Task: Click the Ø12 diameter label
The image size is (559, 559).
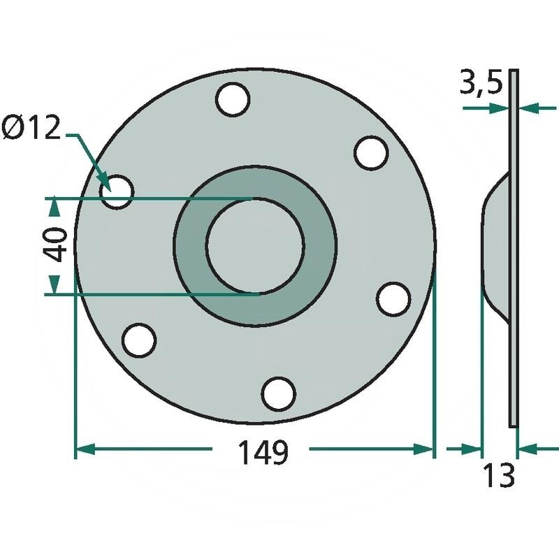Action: pos(31,128)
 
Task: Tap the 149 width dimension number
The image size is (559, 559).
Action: pos(263,452)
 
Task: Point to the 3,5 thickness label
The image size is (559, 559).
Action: pos(481,82)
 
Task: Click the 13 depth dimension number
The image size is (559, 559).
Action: pos(499,475)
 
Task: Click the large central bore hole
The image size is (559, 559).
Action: pos(255,245)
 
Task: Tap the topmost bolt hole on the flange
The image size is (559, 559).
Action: pos(233,99)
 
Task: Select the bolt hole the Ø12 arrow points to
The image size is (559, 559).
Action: pos(117,191)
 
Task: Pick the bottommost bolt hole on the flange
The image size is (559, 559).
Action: pos(279,393)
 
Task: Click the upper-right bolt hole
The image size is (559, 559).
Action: pos(371,152)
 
